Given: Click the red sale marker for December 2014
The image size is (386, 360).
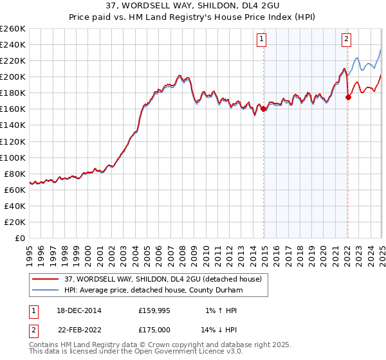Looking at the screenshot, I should point(264,109).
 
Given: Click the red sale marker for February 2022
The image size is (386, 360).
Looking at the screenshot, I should point(348,97).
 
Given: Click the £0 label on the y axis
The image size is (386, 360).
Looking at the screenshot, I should point(21,238).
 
